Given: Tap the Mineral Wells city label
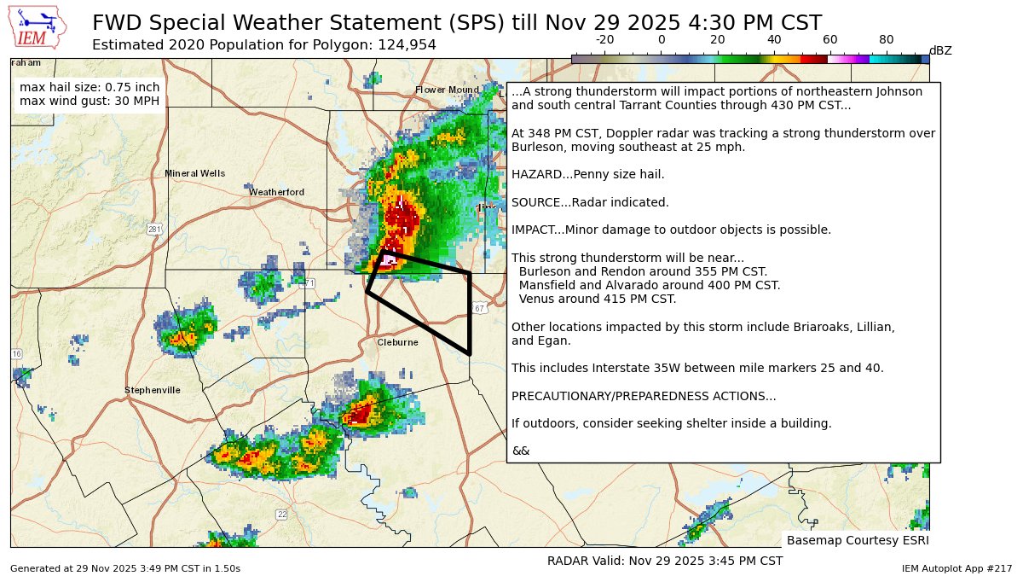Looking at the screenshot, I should point(194,173).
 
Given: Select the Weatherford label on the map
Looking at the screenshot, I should point(276,192).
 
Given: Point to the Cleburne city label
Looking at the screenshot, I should point(398,342).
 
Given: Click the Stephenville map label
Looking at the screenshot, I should point(153,390).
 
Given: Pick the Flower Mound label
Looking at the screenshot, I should point(447,90).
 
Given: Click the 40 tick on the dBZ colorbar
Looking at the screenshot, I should point(774,40).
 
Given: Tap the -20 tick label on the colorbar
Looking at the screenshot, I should point(604,39).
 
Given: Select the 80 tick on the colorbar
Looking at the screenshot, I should point(887,40).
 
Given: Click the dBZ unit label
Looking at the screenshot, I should point(940,51).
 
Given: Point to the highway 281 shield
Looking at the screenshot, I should point(154,229).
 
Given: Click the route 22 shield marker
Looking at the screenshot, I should point(282,514).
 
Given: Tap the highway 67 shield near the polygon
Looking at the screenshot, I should point(480,308).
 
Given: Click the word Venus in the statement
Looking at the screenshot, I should point(535,299).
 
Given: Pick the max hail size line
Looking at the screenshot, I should point(89,87).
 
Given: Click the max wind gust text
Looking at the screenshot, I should point(89,102).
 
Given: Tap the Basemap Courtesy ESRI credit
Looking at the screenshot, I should point(857,540).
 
